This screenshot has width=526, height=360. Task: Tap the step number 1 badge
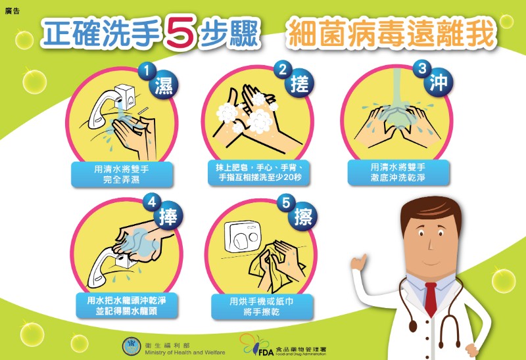[x=147, y=71]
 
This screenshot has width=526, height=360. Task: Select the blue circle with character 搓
[x=299, y=83]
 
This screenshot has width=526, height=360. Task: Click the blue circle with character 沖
[x=439, y=83]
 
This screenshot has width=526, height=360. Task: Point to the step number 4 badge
[x=152, y=202]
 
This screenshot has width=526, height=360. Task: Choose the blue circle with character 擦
[x=303, y=217]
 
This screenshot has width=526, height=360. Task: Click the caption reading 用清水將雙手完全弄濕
[x=122, y=174]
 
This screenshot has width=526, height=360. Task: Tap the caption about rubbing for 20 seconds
[x=259, y=172]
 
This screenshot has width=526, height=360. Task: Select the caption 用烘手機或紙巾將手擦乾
[x=262, y=306]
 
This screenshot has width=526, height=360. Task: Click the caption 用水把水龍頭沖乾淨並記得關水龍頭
[x=126, y=305]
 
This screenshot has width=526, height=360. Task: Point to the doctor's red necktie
[x=431, y=299]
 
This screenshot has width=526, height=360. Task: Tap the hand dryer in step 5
[x=242, y=235]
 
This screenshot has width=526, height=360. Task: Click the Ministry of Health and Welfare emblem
[x=131, y=347]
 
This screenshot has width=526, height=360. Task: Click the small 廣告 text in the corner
[x=12, y=11]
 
